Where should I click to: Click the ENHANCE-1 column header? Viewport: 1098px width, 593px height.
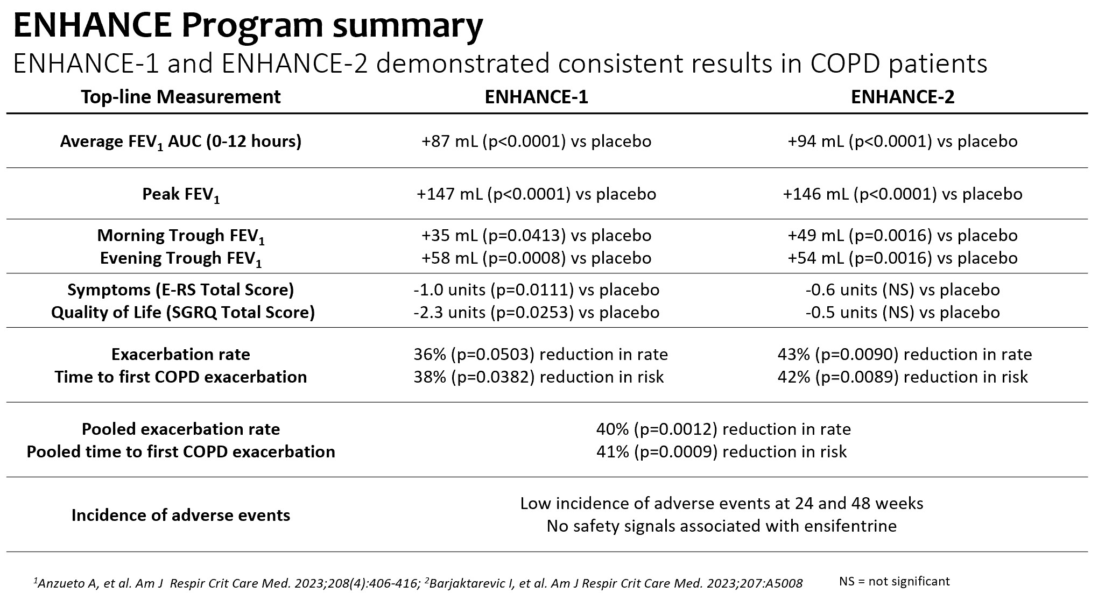click(536, 97)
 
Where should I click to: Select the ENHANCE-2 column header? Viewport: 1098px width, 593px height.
click(903, 97)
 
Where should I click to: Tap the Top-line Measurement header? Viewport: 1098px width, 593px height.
click(181, 97)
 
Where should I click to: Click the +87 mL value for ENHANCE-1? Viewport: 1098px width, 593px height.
click(536, 142)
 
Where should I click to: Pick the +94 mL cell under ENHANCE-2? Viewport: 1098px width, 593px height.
click(903, 142)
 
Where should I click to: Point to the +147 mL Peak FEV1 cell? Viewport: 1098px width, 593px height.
click(536, 194)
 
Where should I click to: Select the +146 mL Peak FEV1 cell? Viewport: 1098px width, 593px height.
click(903, 194)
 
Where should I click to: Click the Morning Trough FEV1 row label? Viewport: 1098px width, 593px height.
click(181, 236)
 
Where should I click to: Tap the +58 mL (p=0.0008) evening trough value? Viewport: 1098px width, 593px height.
click(536, 258)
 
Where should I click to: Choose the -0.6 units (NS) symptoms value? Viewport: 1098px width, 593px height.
click(903, 290)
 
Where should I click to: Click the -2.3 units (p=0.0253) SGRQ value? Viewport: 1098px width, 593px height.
click(536, 313)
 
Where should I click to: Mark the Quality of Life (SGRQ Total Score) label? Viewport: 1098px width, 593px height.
click(183, 313)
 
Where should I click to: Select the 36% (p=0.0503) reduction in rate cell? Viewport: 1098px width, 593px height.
click(540, 355)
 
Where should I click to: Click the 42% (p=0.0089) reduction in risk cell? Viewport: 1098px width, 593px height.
click(903, 377)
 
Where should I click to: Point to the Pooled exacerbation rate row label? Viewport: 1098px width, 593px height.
click(181, 429)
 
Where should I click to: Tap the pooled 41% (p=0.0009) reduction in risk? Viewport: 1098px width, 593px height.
click(721, 451)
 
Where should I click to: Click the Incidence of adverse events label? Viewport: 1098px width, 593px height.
click(181, 516)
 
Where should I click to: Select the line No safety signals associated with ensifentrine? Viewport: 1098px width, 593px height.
click(721, 526)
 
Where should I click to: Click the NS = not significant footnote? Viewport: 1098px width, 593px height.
click(894, 581)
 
